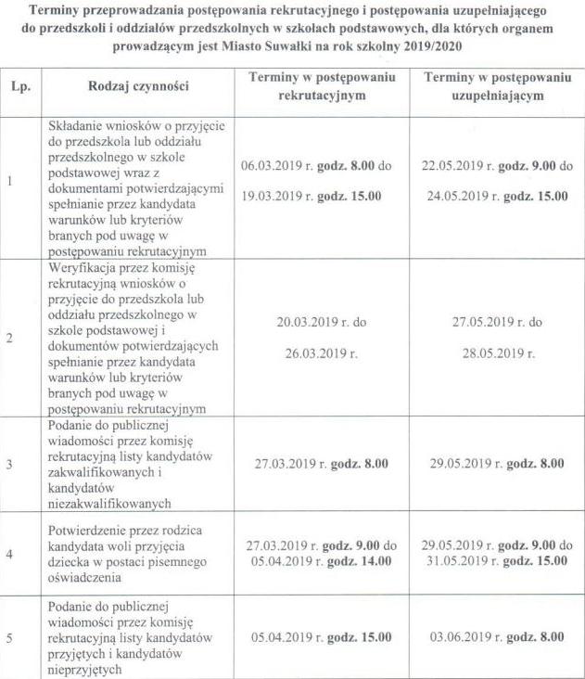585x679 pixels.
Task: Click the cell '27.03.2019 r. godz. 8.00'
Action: tap(321, 463)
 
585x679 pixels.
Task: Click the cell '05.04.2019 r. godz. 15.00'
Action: tap(321, 637)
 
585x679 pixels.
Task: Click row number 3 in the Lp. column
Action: tap(10, 463)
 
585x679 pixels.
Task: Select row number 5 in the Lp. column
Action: tap(10, 637)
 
